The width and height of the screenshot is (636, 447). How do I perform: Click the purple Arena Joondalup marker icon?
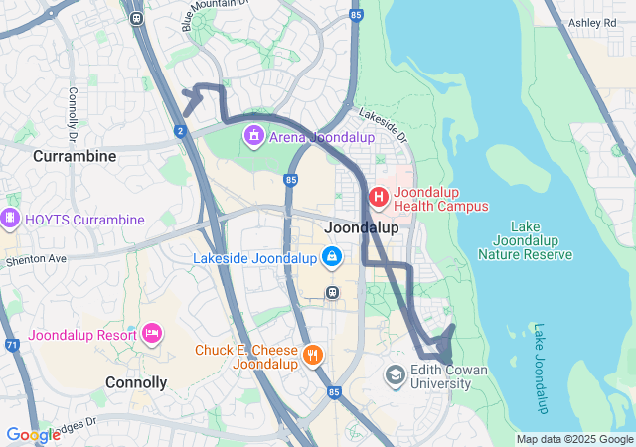[x=254, y=134]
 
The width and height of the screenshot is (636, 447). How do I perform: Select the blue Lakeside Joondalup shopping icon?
[x=332, y=259]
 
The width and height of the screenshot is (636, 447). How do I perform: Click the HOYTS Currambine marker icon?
[x=10, y=218]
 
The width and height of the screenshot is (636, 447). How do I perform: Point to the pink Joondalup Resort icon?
[x=152, y=332]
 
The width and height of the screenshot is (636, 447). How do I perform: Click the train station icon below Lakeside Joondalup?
[x=332, y=292]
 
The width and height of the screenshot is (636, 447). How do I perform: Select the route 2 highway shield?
[x=180, y=130]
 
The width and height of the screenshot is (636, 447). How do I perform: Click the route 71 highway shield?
[x=11, y=345]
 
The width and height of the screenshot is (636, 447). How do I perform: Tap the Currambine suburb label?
[x=75, y=156]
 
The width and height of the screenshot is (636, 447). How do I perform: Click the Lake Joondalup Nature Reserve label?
[x=526, y=241]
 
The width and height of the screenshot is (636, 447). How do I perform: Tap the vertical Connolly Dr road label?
[x=73, y=107]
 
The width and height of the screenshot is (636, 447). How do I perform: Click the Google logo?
[x=33, y=434]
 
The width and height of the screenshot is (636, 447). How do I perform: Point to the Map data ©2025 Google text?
[x=574, y=439]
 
